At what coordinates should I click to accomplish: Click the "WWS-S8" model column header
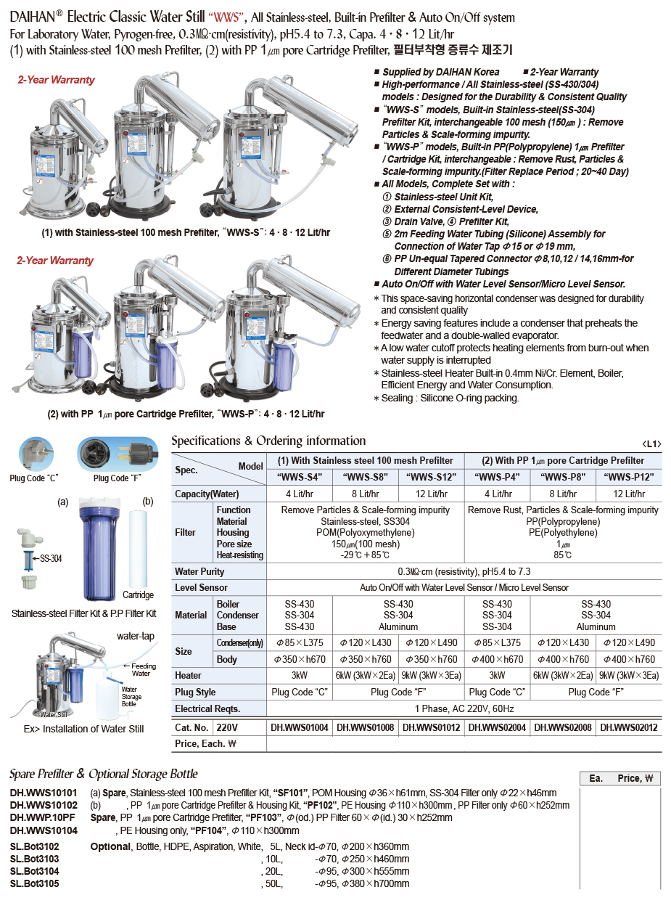tap(366, 477)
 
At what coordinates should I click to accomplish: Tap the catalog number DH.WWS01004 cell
tap(300, 727)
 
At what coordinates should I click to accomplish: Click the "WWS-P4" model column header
tap(498, 477)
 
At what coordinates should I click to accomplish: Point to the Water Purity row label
tap(199, 571)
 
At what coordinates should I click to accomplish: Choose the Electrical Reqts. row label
tap(207, 708)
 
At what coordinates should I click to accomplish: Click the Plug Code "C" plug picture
tap(36, 453)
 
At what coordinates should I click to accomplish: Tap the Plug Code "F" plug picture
tap(117, 453)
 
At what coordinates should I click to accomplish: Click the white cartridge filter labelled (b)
tap(137, 548)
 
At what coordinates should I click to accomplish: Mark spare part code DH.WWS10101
tap(44, 793)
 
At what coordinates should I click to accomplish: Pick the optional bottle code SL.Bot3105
tap(35, 883)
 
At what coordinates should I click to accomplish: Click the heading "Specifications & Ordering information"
tap(268, 441)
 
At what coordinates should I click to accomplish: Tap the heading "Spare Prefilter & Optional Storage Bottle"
tap(103, 774)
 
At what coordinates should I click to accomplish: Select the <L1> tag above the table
tap(651, 444)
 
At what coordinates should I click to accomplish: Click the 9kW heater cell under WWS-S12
tap(432, 675)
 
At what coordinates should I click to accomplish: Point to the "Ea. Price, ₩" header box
tap(620, 778)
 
